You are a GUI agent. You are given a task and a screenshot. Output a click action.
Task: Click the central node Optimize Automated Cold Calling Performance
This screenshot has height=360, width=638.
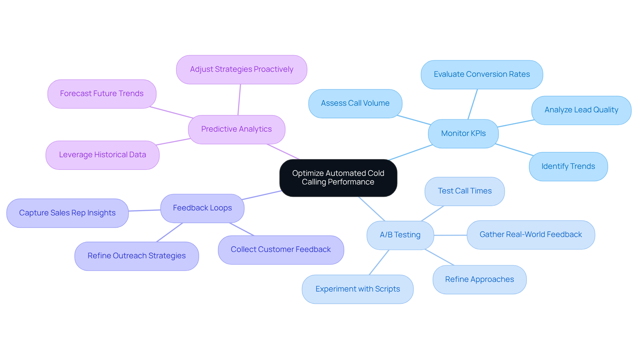338,178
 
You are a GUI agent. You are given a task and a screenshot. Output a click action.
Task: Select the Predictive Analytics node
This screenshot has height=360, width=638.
236,129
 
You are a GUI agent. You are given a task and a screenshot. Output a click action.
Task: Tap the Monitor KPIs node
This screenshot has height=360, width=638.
463,134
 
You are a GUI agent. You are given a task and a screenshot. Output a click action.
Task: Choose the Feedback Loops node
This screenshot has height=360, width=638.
202,208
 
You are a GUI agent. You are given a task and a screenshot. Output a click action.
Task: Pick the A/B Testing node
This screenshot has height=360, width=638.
400,235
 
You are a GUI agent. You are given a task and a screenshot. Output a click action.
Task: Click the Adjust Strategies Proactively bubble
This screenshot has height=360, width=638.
241,69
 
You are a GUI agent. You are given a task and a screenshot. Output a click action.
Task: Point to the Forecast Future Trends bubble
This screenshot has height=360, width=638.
102,94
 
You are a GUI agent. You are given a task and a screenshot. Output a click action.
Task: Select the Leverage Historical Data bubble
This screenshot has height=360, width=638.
102,155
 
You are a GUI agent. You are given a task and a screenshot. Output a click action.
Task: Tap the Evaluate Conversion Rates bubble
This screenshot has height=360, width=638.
481,74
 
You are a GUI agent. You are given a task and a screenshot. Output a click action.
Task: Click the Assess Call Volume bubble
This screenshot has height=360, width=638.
355,103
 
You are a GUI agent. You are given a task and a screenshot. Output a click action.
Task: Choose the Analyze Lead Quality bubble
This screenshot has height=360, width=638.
581,110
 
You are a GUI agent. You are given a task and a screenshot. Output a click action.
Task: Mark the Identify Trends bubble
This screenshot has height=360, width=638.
568,167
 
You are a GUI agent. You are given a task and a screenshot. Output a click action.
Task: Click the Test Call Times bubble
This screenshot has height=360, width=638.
464,191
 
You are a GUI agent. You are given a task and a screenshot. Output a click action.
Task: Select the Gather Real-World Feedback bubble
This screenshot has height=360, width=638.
530,235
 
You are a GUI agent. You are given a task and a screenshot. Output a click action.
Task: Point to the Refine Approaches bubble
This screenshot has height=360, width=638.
479,280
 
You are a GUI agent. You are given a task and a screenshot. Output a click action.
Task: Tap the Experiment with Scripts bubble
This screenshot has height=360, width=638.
357,289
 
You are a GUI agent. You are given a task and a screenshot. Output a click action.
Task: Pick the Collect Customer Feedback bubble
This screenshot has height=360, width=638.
280,250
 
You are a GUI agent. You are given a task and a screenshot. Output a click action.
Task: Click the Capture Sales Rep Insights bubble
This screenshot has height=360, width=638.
67,213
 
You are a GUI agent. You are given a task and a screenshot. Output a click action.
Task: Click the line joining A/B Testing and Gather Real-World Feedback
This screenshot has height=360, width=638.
450,235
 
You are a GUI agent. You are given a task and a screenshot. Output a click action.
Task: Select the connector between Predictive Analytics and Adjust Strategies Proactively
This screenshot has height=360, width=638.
239,100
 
